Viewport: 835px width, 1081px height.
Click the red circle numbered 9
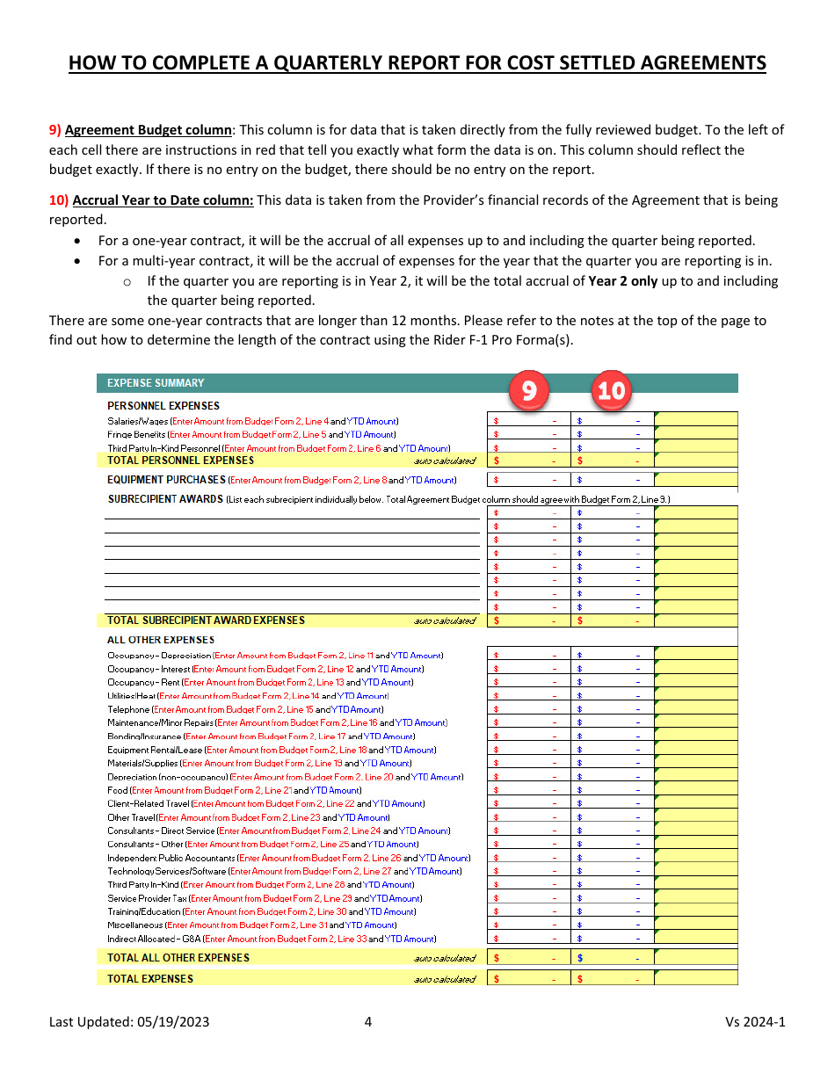(x=529, y=388)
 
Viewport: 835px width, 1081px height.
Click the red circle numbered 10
(x=612, y=388)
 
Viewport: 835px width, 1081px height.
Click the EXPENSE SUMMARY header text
(x=156, y=383)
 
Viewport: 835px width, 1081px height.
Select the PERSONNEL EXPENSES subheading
(x=163, y=406)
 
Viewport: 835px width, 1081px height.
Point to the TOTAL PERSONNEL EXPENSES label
(x=180, y=461)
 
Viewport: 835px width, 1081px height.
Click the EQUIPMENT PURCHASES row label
(x=166, y=481)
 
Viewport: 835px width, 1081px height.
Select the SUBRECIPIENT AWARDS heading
(x=165, y=499)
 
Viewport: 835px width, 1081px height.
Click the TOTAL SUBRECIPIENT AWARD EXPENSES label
(x=206, y=620)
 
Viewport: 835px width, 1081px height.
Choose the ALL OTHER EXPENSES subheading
(x=161, y=640)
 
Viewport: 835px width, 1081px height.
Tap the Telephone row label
(x=128, y=709)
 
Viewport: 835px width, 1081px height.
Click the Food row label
(x=118, y=790)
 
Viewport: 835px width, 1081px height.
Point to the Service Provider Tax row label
(x=147, y=898)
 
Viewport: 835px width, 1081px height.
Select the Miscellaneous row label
(x=135, y=925)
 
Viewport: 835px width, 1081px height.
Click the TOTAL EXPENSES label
(x=150, y=979)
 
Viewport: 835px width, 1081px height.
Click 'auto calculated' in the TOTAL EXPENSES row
(x=444, y=979)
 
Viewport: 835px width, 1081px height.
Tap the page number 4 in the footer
(x=368, y=1022)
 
